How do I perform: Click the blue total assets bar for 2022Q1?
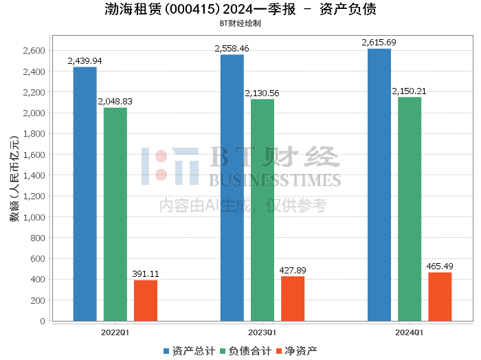click(x=85, y=194)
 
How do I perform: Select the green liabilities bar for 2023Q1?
click(x=262, y=210)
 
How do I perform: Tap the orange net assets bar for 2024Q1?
click(x=440, y=297)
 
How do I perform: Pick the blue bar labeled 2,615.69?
click(x=379, y=185)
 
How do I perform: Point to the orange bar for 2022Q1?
click(x=145, y=300)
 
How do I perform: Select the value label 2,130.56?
click(x=262, y=93)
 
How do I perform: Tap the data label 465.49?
click(x=440, y=267)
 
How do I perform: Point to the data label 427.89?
click(x=293, y=271)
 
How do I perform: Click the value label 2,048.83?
click(x=115, y=102)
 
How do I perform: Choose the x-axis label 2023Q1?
click(x=262, y=333)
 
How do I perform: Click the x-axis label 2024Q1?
click(x=410, y=333)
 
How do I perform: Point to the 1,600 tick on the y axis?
click(x=33, y=155)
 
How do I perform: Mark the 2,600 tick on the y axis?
click(x=33, y=51)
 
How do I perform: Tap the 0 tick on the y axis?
click(x=42, y=321)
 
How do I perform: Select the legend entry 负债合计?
click(x=245, y=350)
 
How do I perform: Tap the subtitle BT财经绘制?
click(x=240, y=23)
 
